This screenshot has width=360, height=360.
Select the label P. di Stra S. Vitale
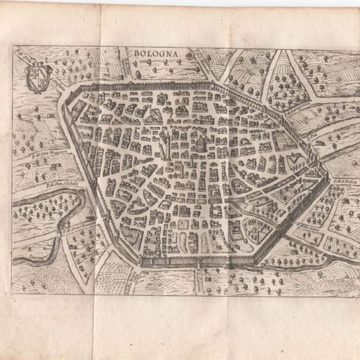tap(61, 183)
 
